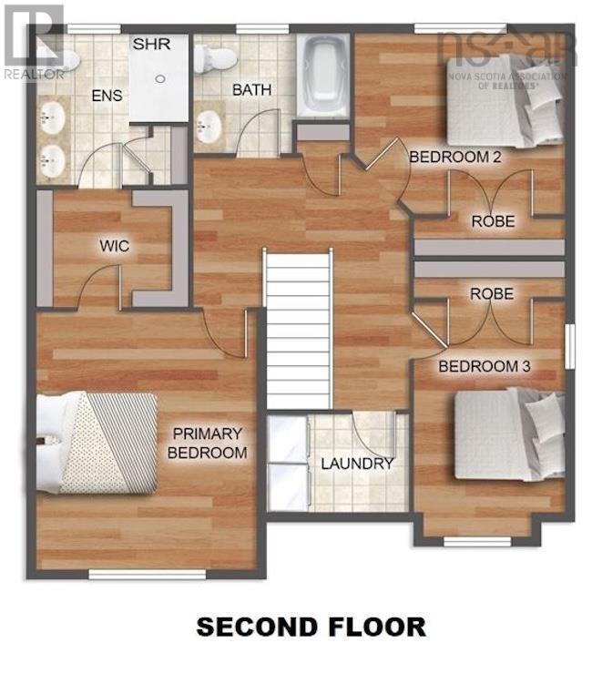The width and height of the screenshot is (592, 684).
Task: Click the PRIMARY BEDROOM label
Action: (x=208, y=443)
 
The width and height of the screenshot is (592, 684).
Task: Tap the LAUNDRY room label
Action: (x=357, y=464)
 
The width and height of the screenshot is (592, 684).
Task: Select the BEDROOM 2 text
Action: (x=455, y=157)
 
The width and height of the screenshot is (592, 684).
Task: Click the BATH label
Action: (x=250, y=90)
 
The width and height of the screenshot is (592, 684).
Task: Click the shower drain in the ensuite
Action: (x=159, y=79)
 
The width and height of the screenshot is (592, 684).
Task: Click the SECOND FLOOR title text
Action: (x=311, y=627)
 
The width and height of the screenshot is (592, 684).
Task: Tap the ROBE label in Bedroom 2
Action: (x=493, y=220)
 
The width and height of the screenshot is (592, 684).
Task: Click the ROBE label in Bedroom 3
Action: (x=492, y=294)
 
